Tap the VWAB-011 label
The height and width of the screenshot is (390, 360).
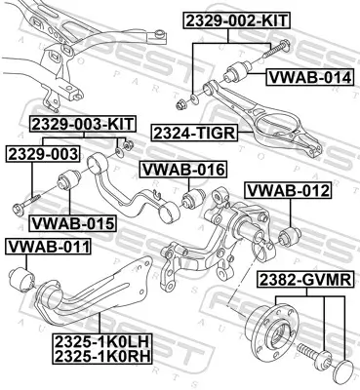[x=48, y=246]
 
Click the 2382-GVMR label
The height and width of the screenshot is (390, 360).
[x=303, y=281]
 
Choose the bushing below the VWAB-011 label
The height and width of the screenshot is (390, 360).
[x=20, y=280]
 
